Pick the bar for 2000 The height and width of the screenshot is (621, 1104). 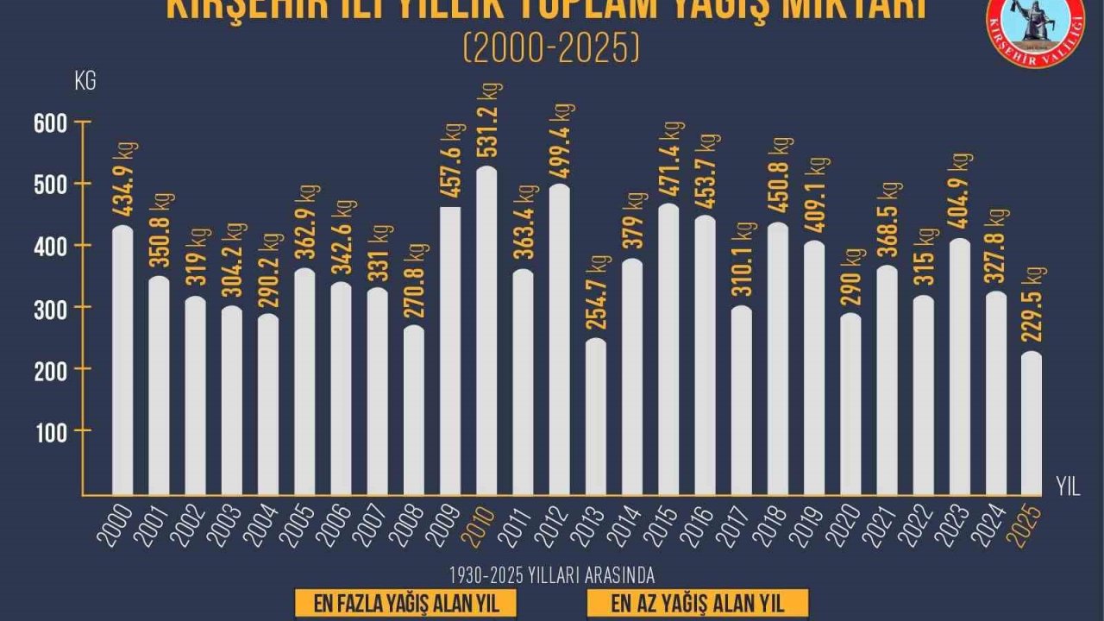(123, 361)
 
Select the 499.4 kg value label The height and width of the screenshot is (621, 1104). (561, 142)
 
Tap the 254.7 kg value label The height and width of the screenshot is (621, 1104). (597, 293)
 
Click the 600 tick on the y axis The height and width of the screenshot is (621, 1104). (50, 122)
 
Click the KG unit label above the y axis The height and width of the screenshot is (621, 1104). (85, 83)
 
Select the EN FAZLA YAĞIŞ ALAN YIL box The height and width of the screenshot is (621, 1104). (406, 603)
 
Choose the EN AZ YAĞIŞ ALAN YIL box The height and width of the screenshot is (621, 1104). (697, 603)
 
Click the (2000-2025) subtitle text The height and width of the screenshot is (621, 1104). (552, 49)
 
